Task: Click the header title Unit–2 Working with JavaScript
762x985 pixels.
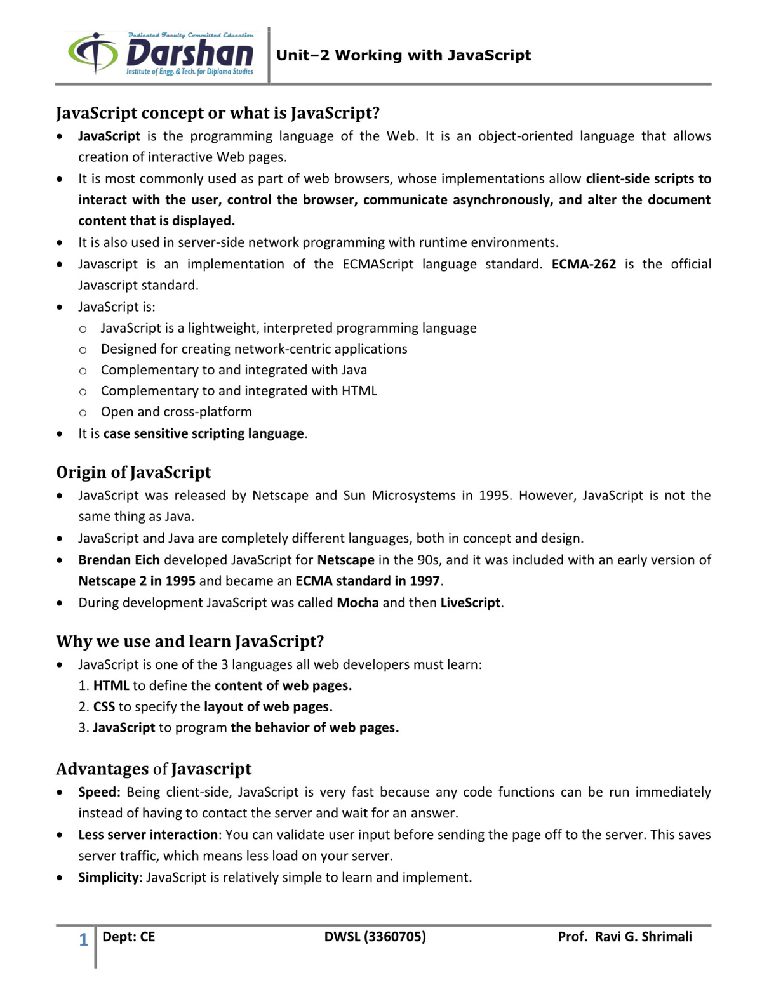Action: point(403,55)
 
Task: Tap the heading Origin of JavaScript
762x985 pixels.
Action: point(133,472)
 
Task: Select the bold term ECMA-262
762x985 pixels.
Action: point(584,264)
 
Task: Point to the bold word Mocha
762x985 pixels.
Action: point(358,602)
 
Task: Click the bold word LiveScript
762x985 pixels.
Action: point(470,602)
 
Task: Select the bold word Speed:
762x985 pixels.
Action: point(99,792)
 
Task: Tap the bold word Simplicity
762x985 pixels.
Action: point(108,877)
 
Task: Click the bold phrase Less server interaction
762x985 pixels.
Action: point(148,835)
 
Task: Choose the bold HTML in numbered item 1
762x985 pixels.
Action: point(111,685)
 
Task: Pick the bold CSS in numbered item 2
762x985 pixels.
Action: point(104,706)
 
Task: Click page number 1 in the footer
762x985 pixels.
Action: point(83,939)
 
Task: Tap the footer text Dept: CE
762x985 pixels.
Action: point(128,937)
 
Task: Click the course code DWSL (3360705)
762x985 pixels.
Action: point(375,937)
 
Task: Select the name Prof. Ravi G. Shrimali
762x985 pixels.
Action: point(625,937)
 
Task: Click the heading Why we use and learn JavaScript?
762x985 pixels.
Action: point(190,642)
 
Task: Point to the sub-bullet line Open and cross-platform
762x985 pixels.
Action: point(176,412)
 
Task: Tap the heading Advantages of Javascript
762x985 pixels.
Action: point(154,769)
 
